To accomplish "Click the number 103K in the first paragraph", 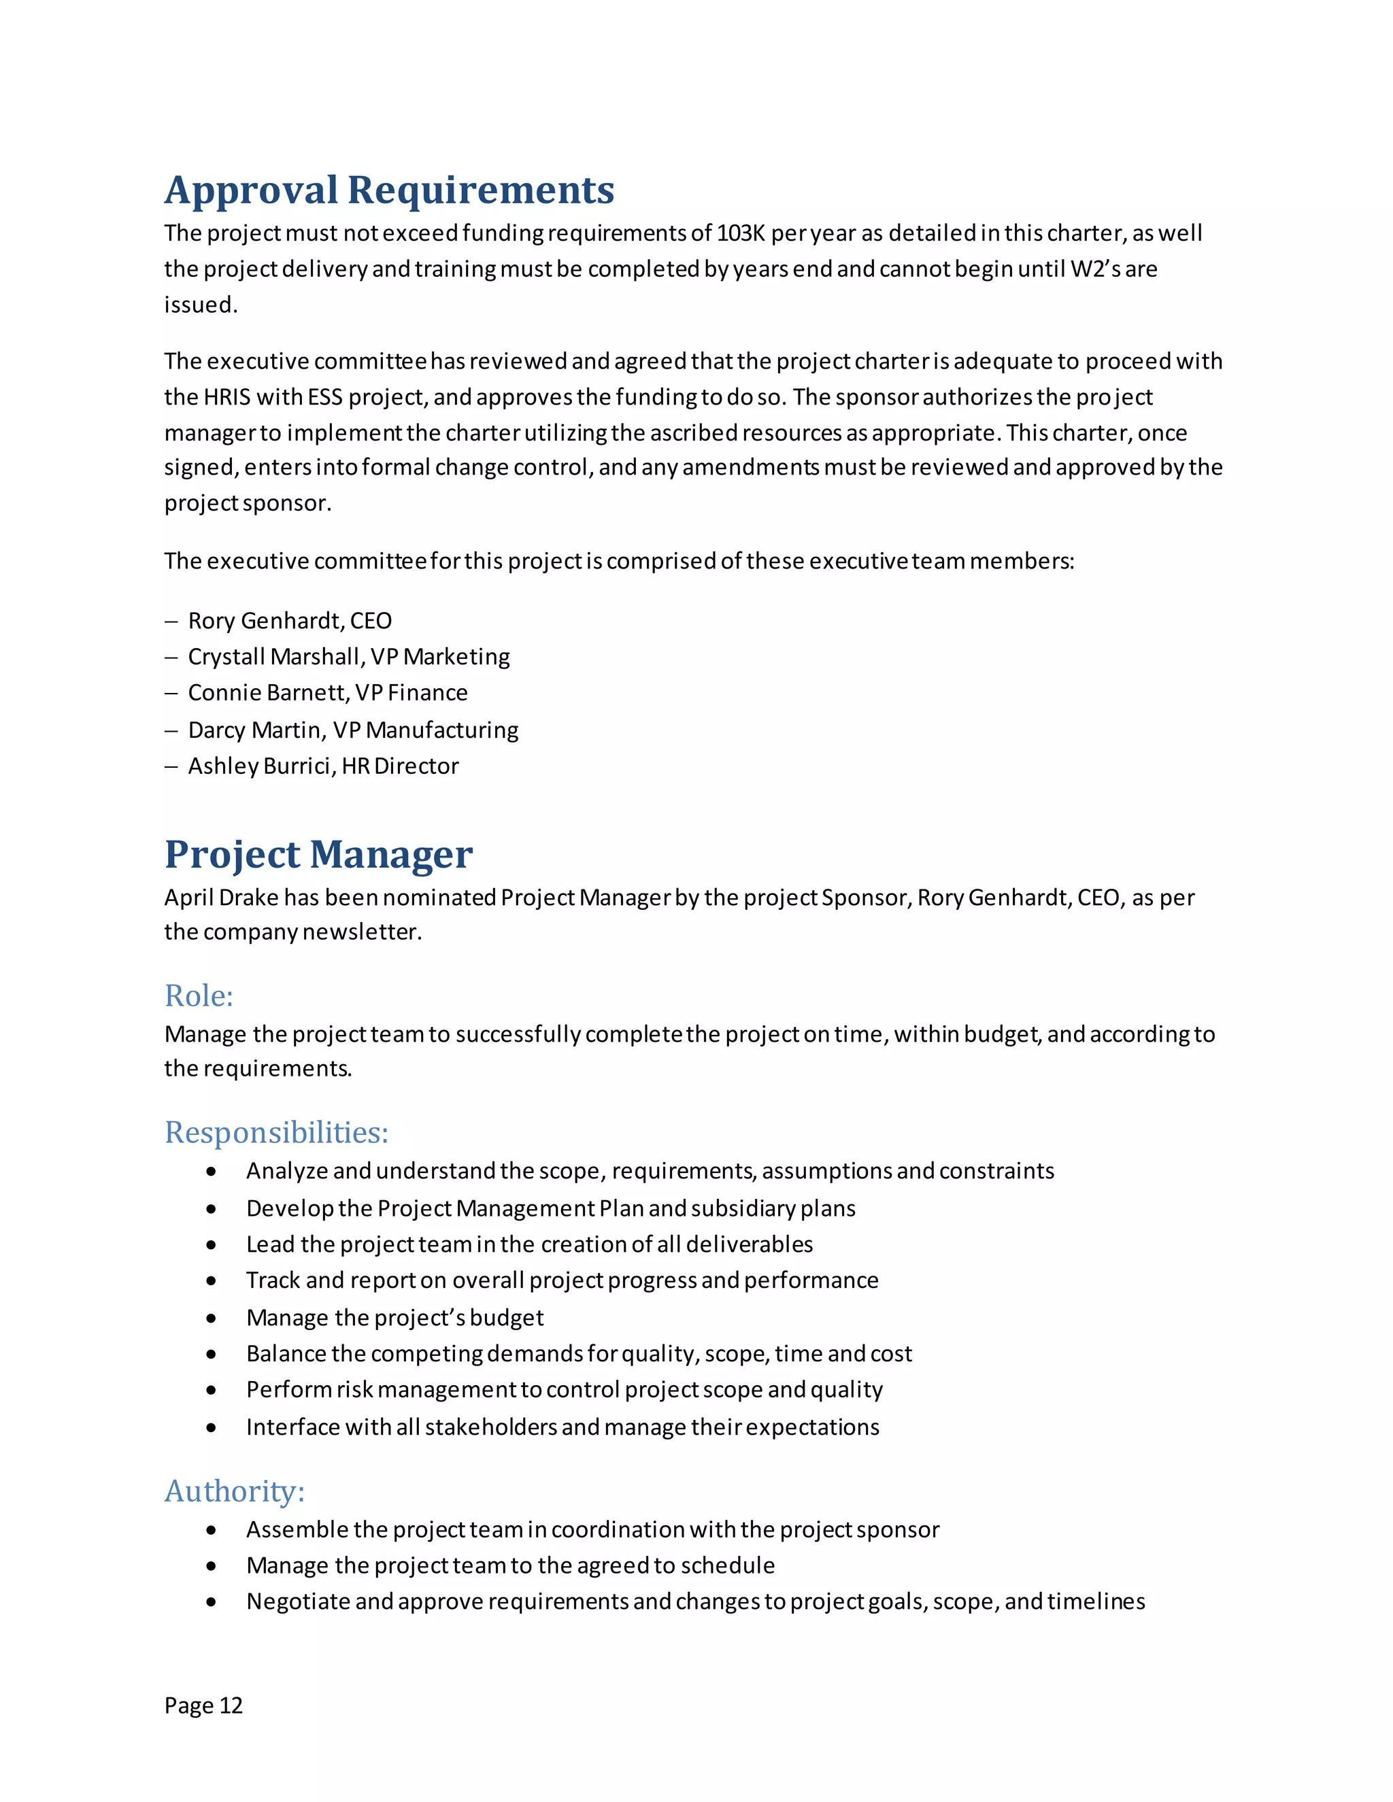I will click(740, 233).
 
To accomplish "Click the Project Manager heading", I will click(318, 855).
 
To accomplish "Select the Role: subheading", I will click(199, 996).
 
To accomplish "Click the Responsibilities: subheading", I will click(275, 1132).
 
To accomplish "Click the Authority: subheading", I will click(235, 1491).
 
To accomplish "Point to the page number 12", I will click(231, 1705).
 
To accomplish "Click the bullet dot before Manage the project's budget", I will click(212, 1319).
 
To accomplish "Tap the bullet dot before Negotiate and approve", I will click(212, 1602).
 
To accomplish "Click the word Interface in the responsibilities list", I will click(292, 1427).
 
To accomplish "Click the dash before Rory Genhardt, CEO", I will click(171, 622).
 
